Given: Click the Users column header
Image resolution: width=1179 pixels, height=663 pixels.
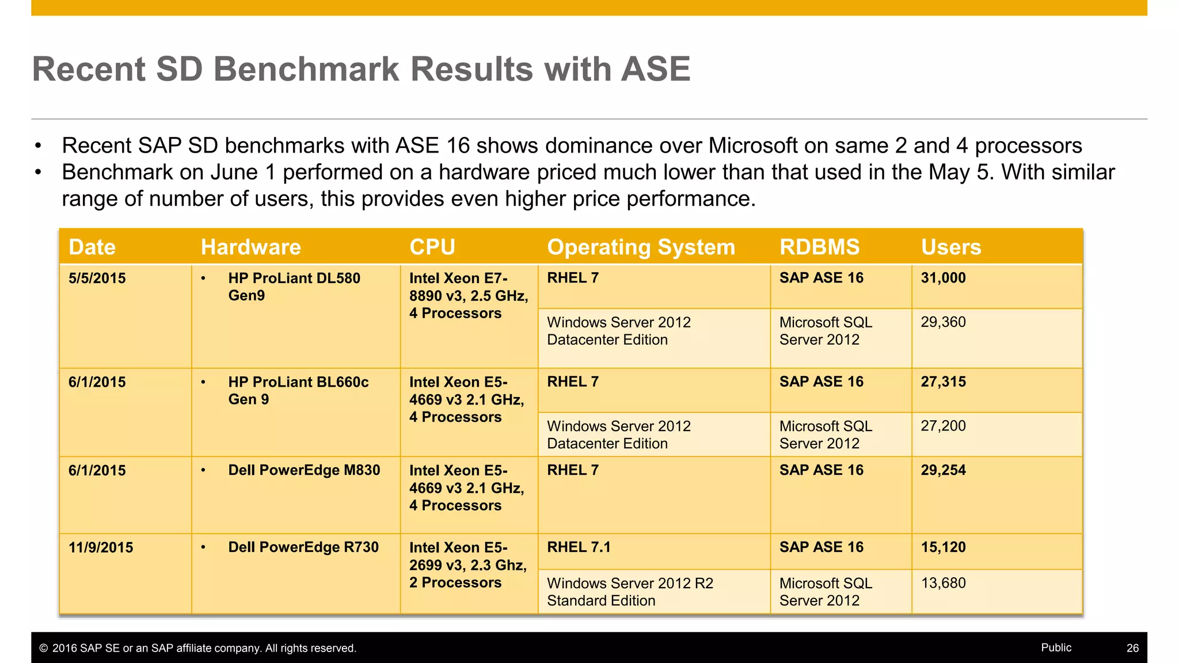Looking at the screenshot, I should coord(950,247).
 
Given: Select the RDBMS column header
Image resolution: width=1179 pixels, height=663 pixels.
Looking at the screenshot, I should coord(819,247).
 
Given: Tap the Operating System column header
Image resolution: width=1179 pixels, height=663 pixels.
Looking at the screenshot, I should coord(641,247).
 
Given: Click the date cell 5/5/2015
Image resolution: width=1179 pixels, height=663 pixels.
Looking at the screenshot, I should coord(97,279).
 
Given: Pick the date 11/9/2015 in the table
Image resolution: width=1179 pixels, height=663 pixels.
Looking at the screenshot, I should coord(101,547).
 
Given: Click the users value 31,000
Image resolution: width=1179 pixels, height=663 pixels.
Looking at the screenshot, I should coord(943,278).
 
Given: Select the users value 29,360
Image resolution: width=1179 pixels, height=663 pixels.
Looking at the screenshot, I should coord(943,322).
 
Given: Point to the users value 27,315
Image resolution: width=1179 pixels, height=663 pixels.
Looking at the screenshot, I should coord(943,382).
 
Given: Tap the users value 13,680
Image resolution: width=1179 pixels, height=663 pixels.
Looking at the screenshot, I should coord(943,583).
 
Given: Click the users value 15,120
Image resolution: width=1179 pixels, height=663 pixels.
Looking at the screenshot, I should coord(943,547).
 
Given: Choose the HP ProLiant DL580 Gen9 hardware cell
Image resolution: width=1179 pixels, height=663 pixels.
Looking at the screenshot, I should coord(294,287).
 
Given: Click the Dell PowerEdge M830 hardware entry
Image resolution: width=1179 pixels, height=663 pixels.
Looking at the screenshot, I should coord(304,470).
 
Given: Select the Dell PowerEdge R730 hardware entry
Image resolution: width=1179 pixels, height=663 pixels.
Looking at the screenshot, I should coord(303,547).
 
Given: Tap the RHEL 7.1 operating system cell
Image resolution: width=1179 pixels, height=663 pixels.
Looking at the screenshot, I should coord(579,547).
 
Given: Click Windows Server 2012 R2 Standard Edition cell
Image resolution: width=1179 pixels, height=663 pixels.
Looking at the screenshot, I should coord(630,592).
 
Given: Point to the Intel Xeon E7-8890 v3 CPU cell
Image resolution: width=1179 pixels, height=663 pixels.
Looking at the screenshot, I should coord(468,296).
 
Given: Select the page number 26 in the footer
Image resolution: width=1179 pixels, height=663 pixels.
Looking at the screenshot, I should coord(1132,648).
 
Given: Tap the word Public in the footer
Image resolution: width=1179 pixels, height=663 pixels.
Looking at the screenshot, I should coord(1056,647).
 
